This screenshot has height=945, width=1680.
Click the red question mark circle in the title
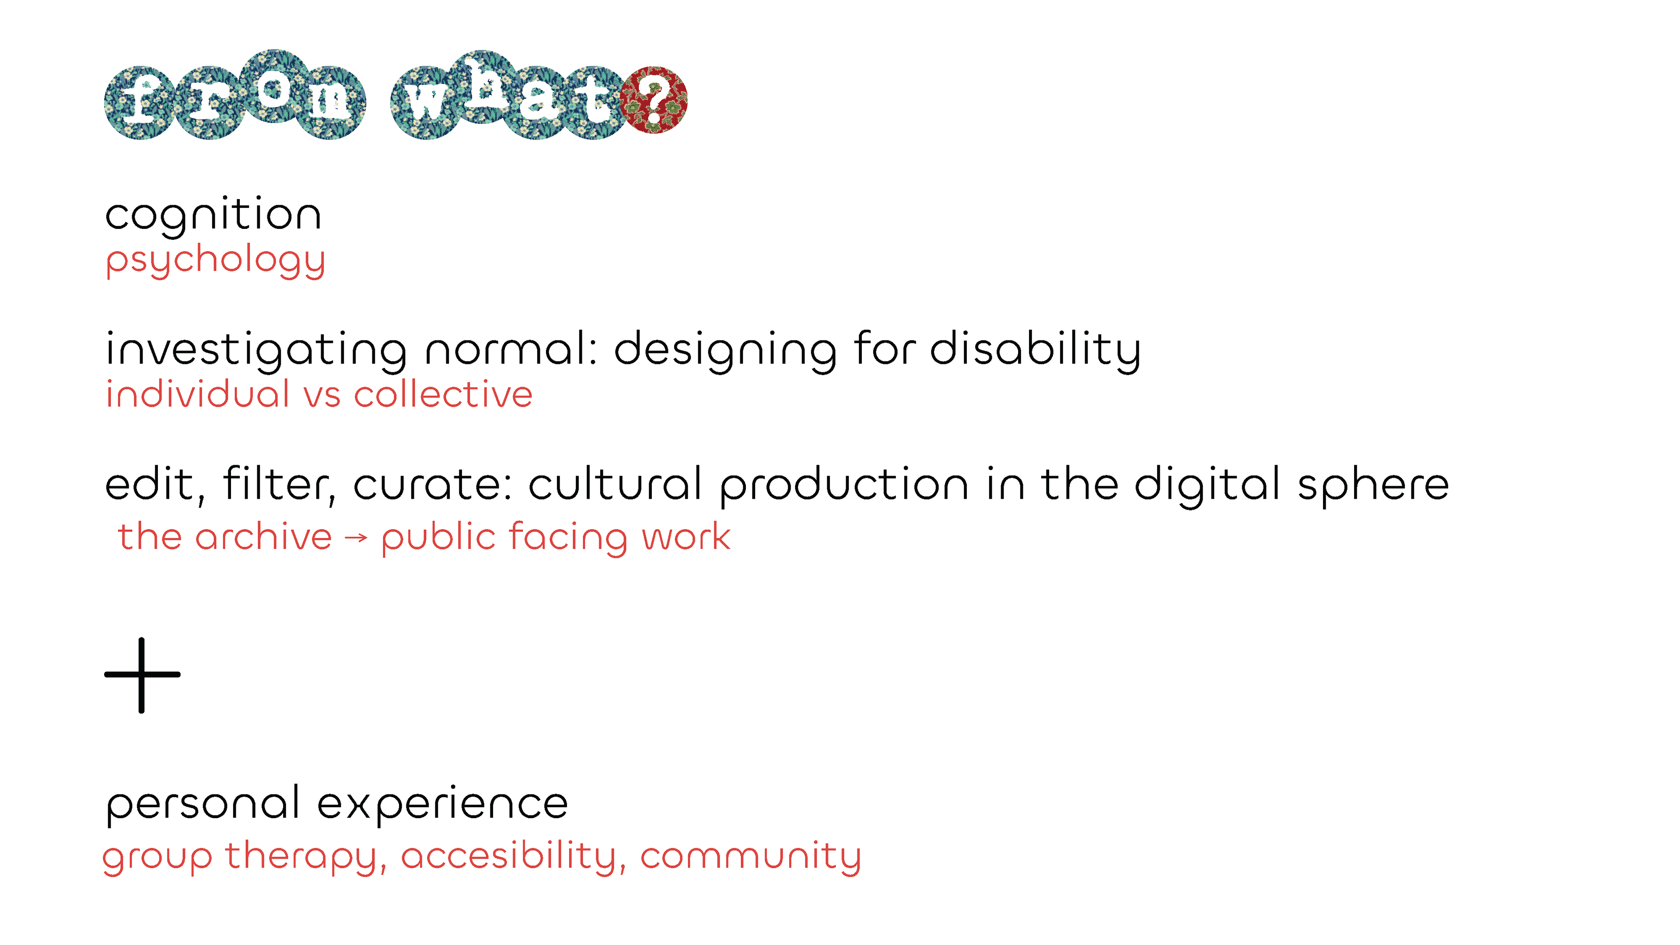coord(654,100)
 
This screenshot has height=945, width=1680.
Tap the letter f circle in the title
coord(139,102)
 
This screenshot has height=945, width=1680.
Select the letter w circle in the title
coord(426,102)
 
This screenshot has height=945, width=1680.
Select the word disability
coord(1035,350)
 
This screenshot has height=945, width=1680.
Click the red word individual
coord(198,395)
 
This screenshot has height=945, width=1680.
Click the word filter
coord(279,485)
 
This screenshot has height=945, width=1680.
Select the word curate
coord(433,485)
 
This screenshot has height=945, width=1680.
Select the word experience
coord(443,805)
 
